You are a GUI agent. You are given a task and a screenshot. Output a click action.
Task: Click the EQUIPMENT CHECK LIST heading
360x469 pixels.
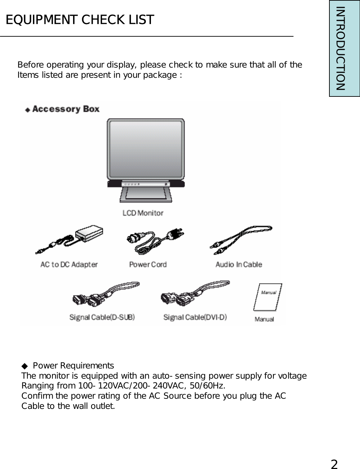[80, 20]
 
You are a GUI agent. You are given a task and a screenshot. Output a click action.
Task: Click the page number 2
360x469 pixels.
[335, 464]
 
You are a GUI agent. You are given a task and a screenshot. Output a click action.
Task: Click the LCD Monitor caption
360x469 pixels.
[143, 213]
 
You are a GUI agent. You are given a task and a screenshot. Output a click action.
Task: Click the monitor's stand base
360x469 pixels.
[145, 196]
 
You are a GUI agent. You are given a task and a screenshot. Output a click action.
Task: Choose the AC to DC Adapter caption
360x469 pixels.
[69, 264]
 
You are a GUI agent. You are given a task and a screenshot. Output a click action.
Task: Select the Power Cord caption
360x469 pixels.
[148, 264]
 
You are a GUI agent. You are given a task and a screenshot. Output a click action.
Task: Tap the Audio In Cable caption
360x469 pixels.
[239, 264]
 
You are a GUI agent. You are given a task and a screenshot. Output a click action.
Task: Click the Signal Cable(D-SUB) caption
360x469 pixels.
[102, 317]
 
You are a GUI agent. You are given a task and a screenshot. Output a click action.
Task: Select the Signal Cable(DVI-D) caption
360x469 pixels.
[195, 317]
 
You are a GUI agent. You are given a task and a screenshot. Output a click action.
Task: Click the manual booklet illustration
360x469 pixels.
[268, 297]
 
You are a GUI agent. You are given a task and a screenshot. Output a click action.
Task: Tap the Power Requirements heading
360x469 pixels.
[73, 366]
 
